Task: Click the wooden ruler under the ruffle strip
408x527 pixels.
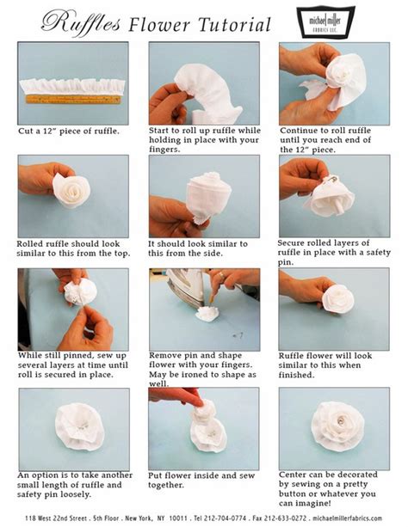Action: point(73,99)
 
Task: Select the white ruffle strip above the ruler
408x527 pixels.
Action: point(73,85)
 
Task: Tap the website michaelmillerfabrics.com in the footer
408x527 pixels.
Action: point(354,519)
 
